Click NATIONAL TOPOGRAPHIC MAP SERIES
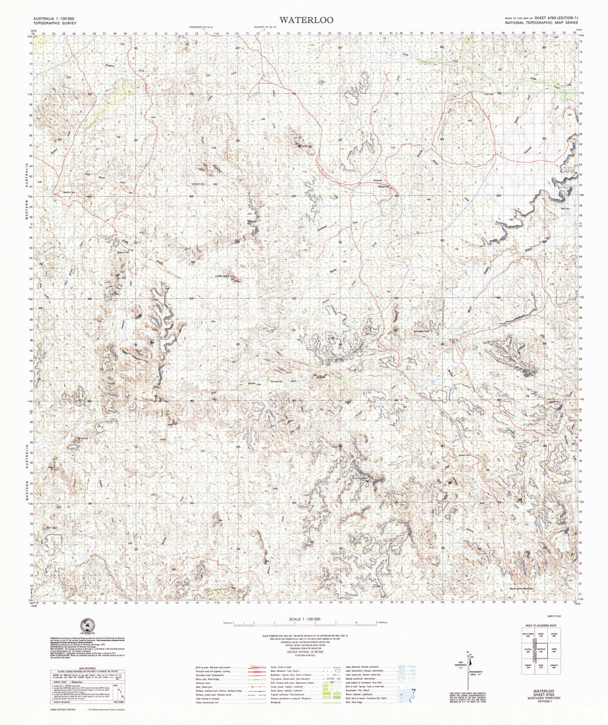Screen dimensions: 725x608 tap(541, 23)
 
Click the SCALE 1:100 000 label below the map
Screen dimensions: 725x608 tap(301, 620)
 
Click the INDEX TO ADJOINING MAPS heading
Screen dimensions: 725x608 tap(541, 627)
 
